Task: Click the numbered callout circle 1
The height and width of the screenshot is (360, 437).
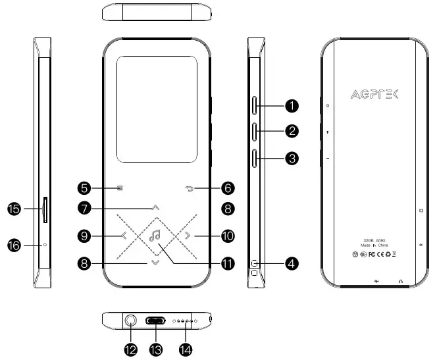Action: (292, 105)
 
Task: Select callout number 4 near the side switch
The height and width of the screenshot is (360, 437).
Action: (292, 264)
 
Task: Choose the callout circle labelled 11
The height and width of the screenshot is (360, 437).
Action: (228, 264)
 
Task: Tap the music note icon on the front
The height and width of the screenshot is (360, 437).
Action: (155, 235)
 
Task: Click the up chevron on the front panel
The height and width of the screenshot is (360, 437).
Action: (155, 207)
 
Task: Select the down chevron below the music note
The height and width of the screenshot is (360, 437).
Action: (155, 263)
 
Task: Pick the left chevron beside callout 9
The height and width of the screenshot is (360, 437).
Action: (124, 235)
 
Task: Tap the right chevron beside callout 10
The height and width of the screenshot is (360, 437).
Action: (187, 235)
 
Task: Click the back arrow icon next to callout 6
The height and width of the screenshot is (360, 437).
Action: (190, 188)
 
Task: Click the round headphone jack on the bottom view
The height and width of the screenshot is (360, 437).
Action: (130, 322)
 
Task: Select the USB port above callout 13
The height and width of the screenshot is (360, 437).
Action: (156, 322)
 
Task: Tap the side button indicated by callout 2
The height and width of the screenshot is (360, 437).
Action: (255, 130)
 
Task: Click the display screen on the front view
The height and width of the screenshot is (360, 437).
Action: (156, 110)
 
